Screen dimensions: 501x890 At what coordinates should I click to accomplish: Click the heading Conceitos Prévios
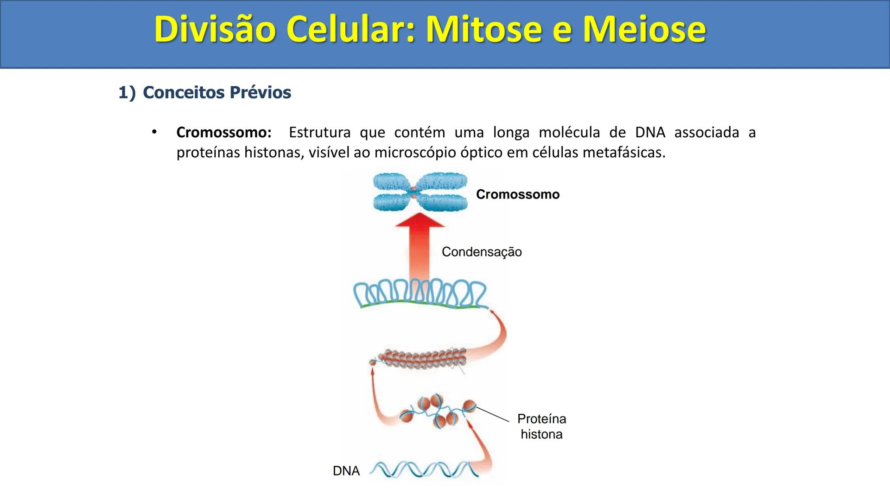tap(216, 92)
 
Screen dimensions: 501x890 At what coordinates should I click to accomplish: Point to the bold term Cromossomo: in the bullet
tap(224, 133)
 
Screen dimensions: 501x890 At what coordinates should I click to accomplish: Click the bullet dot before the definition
tap(154, 132)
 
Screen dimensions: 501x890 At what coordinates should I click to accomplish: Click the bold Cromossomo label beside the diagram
tap(518, 194)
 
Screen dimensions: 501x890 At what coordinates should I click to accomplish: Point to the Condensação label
tap(482, 252)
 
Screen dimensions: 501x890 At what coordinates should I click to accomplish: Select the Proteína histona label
tap(541, 426)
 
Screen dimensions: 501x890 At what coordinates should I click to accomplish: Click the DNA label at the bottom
tap(346, 471)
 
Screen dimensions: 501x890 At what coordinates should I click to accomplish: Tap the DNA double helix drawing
tap(424, 469)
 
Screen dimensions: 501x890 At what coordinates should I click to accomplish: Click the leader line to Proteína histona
tap(492, 414)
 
